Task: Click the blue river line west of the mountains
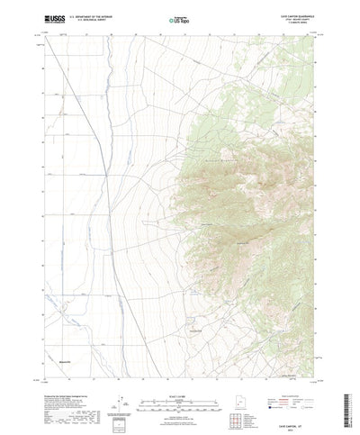tap(110, 180)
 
